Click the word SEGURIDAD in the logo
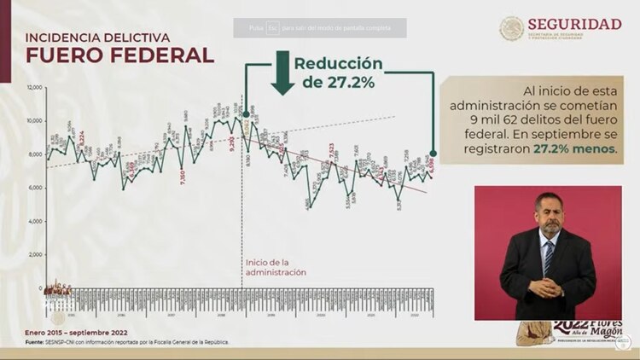click(574, 23)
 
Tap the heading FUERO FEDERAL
click(119, 55)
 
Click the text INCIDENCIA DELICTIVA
click(97, 38)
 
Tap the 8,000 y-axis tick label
click(35, 154)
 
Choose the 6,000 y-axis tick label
click(35, 188)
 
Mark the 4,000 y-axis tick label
click(35, 221)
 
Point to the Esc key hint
click(273, 27)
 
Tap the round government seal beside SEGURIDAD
click(512, 28)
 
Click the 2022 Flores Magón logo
click(567, 332)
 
